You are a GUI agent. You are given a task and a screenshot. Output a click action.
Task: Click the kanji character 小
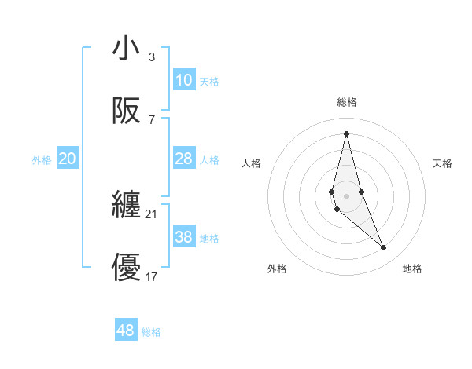[x=127, y=49]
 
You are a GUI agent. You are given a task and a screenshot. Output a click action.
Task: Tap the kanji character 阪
[x=127, y=111]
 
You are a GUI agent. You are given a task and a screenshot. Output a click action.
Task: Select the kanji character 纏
[x=127, y=206]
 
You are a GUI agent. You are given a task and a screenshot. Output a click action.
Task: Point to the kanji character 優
[x=127, y=268]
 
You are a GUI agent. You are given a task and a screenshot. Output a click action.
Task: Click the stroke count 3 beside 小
[x=152, y=57]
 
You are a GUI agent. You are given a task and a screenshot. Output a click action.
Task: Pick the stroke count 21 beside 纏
[x=152, y=214]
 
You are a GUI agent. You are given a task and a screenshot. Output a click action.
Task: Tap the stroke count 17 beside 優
[x=152, y=276]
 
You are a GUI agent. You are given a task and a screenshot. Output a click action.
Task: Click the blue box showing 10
[x=184, y=80]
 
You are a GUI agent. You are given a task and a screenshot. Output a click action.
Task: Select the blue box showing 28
[x=184, y=159]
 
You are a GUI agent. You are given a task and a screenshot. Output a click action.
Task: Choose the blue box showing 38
[x=184, y=237]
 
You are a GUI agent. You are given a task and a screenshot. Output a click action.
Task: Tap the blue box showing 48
[x=126, y=331]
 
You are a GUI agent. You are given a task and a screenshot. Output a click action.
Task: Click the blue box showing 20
[x=68, y=159]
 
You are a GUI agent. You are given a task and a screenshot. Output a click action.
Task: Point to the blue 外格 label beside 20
[x=42, y=160]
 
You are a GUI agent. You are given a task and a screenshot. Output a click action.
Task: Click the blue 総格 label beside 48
[x=151, y=332]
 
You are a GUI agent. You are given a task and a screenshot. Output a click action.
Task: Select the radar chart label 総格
[x=347, y=102]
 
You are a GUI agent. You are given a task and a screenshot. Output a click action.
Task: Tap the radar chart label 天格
[x=443, y=163]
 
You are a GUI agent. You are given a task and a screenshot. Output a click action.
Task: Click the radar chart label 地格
[x=412, y=269]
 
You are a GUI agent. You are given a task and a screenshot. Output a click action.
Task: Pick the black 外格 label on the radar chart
[x=277, y=269]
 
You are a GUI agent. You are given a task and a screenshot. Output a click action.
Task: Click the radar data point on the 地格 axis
[x=384, y=248]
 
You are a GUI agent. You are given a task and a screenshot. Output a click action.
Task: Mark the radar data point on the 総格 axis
[x=346, y=133]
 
